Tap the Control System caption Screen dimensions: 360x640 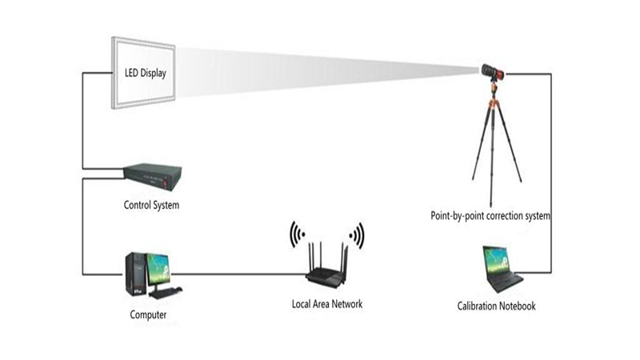151,205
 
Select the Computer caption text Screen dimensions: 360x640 148,314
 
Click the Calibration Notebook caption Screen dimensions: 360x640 496,306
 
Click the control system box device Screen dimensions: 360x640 152,174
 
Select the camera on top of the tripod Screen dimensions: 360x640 493,72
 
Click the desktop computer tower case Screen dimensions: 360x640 136,274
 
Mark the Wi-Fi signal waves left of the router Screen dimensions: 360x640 298,234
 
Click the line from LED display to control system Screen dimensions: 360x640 83,120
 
